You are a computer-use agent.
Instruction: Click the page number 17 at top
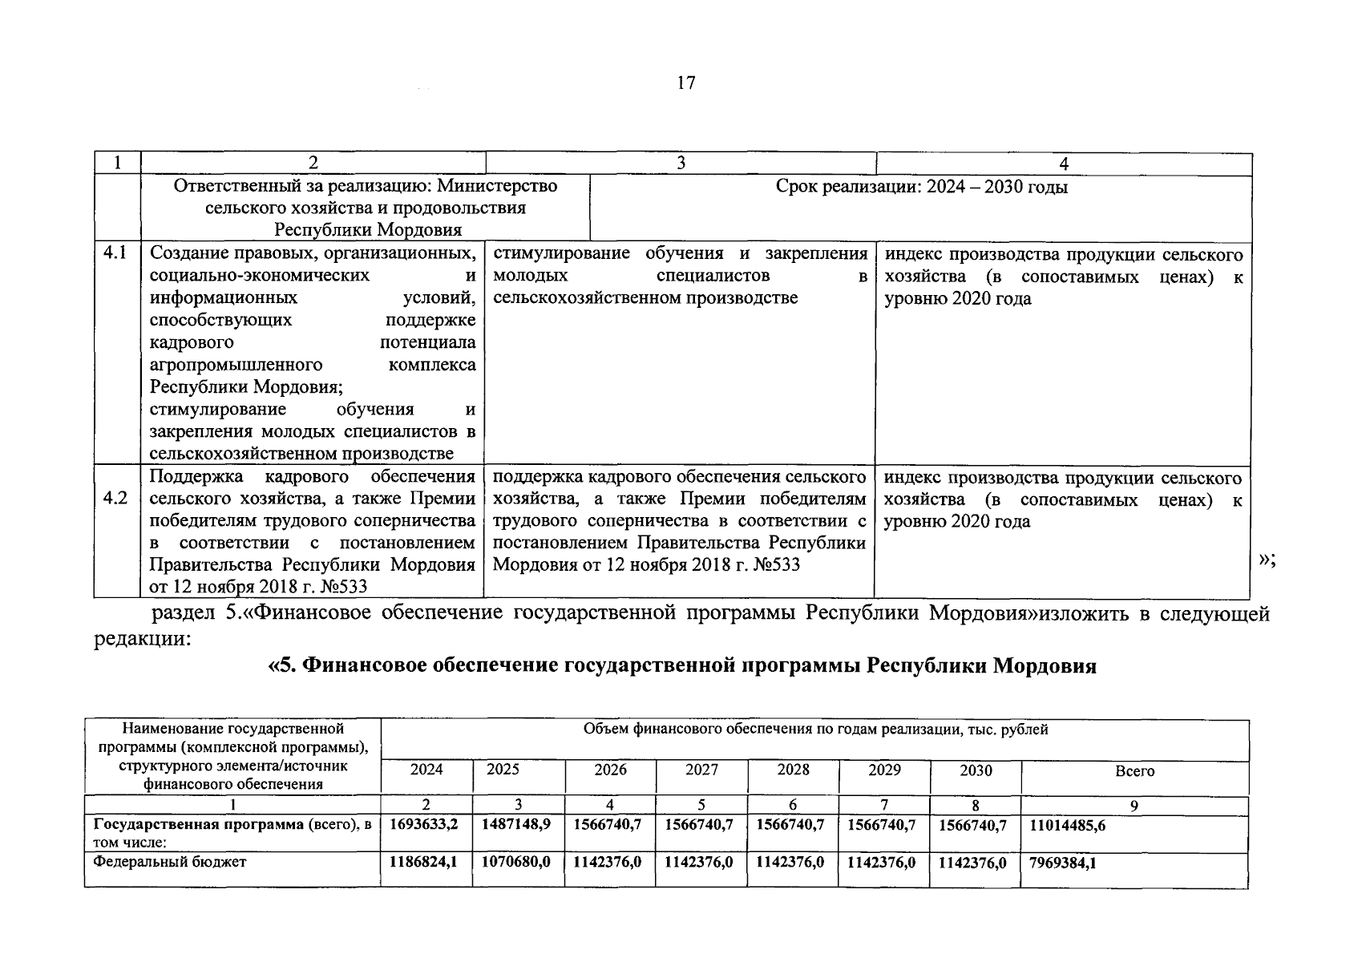[686, 83]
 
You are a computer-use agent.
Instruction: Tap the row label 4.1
[116, 253]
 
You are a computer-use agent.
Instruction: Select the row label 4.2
[116, 499]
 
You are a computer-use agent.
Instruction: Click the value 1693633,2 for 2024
[425, 825]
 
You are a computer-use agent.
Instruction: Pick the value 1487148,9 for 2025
[516, 825]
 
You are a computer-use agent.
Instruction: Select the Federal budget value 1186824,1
[425, 863]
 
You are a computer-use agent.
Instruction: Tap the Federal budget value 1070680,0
[516, 863]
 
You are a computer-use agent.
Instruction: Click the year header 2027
[701, 770]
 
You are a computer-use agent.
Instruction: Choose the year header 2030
[976, 770]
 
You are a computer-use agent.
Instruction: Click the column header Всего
[1134, 771]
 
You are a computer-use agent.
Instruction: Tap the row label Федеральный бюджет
[170, 863]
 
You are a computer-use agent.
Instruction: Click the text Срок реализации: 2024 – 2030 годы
[921, 188]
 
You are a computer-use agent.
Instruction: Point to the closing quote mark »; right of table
[1267, 561]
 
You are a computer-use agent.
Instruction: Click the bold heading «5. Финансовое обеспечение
[681, 666]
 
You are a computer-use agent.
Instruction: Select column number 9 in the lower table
[1134, 806]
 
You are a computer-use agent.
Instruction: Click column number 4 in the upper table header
[1063, 164]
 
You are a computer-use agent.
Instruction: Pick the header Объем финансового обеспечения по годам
[814, 730]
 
